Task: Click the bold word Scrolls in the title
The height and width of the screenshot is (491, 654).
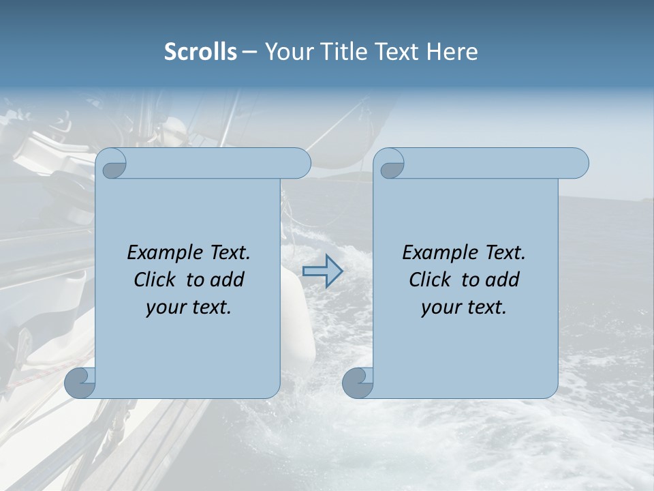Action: click(201, 52)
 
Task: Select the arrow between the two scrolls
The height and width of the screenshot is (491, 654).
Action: click(322, 271)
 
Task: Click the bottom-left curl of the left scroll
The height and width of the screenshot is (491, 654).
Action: click(80, 383)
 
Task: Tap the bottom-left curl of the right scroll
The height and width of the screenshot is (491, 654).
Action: click(358, 383)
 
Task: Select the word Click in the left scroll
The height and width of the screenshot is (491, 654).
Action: click(157, 280)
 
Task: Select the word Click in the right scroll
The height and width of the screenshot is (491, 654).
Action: click(432, 280)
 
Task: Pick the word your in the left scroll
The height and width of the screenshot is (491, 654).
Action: click(165, 308)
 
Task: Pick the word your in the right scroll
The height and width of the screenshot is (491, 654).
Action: click(440, 308)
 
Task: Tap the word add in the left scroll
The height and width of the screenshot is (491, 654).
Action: click(228, 280)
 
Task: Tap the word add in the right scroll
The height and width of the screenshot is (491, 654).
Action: click(503, 280)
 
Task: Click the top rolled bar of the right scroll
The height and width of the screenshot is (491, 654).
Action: click(490, 164)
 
